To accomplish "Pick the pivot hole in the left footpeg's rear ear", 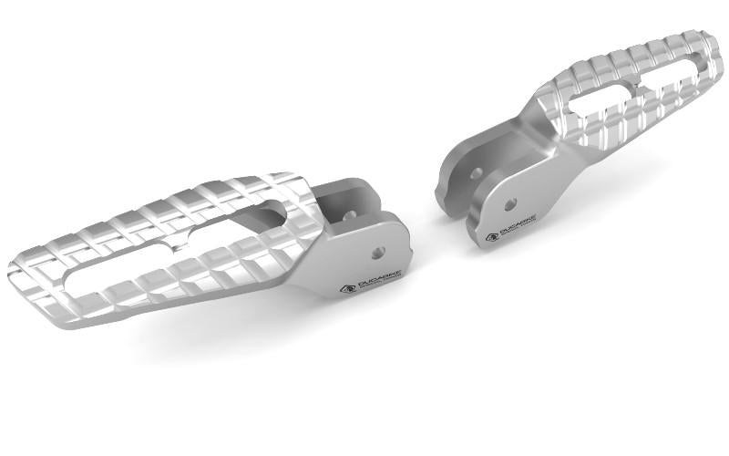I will coord(350,215).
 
